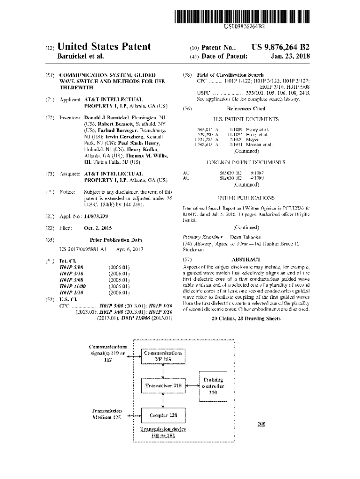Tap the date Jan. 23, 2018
290,57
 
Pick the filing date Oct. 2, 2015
97,228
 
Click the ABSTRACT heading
245,259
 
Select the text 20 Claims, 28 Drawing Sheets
246,319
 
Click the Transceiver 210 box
163,386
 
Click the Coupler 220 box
163,415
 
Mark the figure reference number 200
261,424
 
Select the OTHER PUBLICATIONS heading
246,198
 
